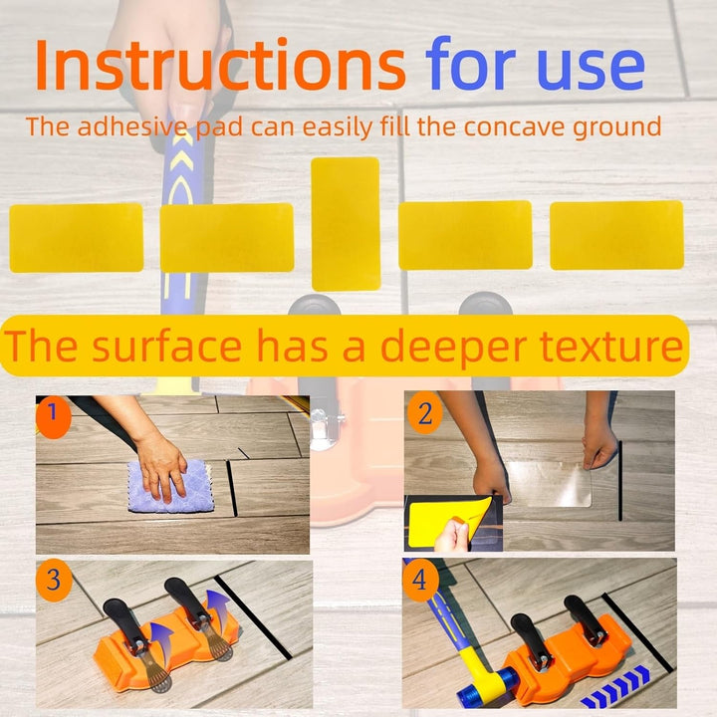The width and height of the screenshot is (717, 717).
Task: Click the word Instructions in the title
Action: [220, 64]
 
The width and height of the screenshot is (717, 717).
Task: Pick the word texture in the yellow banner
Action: [611, 346]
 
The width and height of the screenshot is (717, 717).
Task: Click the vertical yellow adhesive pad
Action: [346, 224]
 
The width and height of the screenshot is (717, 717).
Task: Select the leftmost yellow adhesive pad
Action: [77, 238]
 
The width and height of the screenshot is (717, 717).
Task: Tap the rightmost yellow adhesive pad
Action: [616, 235]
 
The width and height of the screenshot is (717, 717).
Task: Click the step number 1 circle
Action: [54, 416]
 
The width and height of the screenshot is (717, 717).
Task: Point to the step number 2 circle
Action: [425, 413]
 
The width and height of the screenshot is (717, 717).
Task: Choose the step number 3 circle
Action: [54, 580]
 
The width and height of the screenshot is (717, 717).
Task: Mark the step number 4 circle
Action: [420, 580]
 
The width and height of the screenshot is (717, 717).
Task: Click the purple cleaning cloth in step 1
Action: [171, 487]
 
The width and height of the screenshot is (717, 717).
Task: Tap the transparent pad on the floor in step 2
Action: [549, 484]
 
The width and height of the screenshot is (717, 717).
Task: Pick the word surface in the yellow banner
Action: [167, 346]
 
